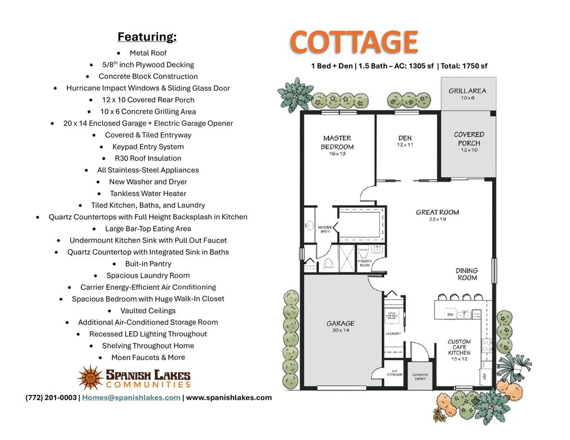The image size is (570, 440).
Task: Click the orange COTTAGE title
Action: pos(353,42)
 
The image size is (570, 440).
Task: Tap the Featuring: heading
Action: pos(147,37)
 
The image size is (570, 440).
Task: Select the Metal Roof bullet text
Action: pos(148,53)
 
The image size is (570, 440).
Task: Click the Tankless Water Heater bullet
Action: pos(148,194)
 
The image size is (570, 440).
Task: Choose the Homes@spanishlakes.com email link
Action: pos(131,397)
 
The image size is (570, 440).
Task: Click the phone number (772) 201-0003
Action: pos(51,397)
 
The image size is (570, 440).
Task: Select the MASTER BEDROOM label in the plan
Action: pos(337,142)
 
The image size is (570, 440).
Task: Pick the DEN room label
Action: pos(405,138)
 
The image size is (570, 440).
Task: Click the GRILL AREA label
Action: pos(468,91)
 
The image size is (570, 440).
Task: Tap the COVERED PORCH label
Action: pos(469,139)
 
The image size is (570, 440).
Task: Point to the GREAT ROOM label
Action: pos(438,212)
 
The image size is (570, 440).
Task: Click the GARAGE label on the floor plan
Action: pos(340,323)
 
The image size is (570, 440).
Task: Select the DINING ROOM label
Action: pos(467,274)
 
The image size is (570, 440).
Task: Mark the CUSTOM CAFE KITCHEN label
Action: pos(459,347)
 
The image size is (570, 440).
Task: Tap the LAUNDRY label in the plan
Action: pos(393,334)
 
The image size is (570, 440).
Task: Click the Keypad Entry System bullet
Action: pos(148,147)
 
